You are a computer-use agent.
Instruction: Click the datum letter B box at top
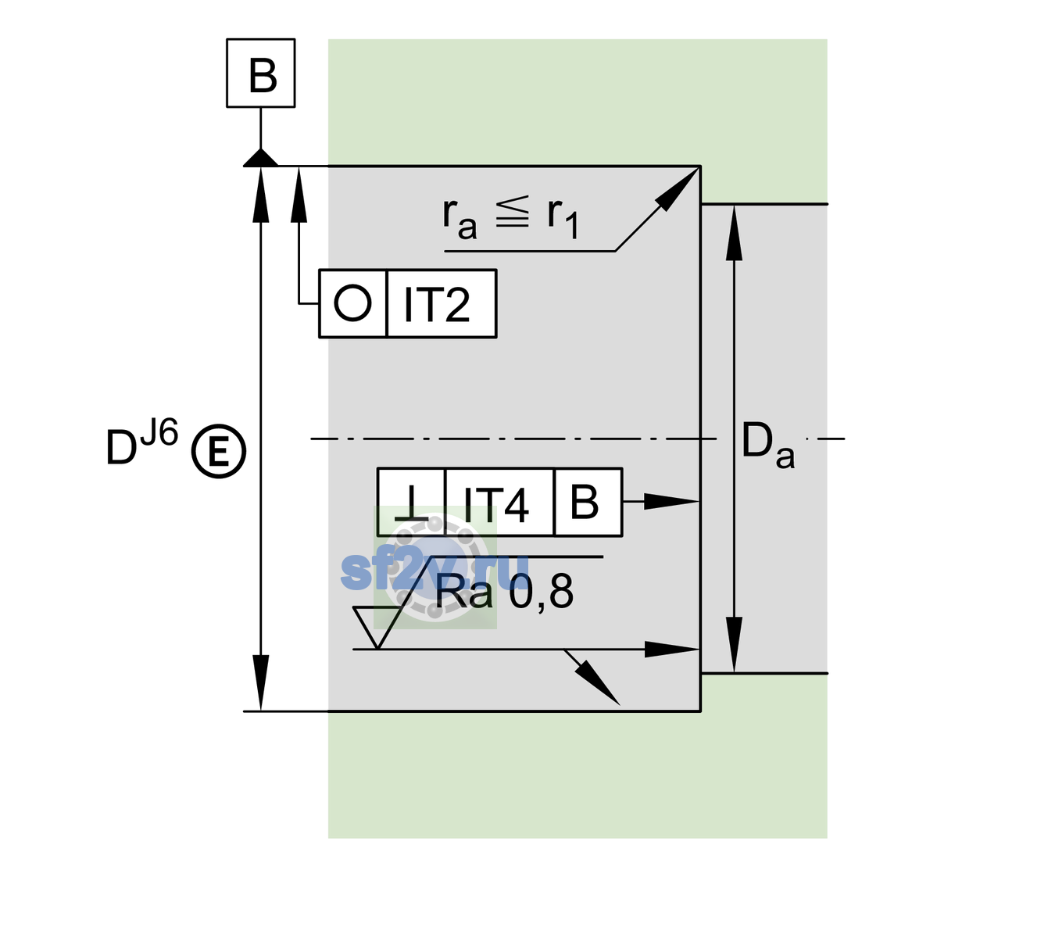coord(260,73)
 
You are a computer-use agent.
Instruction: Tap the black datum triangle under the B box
coord(260,158)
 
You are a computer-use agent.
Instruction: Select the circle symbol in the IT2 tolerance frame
coord(352,303)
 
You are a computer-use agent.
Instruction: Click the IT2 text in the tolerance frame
coord(437,305)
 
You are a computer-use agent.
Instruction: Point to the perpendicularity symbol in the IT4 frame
coord(411,503)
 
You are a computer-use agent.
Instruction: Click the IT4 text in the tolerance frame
coord(496,504)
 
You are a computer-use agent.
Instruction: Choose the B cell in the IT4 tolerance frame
coord(588,502)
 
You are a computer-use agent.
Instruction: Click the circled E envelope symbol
coord(219,452)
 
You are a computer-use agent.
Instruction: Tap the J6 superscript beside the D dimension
coord(159,432)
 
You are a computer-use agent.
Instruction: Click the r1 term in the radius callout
coord(563,218)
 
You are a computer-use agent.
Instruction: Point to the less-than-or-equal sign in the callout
coord(512,212)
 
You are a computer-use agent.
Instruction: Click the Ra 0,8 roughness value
coord(504,592)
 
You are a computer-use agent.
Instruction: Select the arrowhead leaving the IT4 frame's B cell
coord(671,502)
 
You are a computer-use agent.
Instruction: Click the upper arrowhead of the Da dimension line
coord(735,232)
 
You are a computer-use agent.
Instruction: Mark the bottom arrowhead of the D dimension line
coord(260,683)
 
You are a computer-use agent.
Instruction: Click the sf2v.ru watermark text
coord(435,571)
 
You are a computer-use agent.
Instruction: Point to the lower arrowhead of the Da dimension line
coord(735,645)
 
